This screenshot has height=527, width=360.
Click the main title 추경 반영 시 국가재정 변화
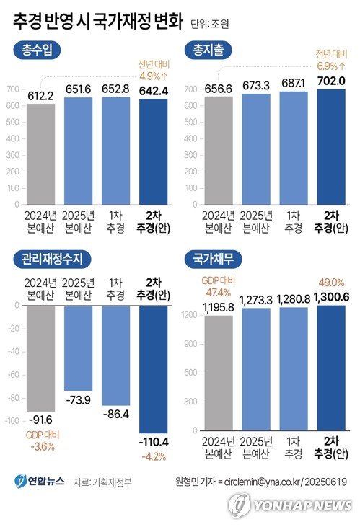(97, 21)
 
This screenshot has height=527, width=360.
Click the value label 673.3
(256, 84)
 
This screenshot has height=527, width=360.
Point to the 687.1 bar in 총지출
(294, 148)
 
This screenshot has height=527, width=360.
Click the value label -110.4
(154, 441)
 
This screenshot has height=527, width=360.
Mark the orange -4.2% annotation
(154, 456)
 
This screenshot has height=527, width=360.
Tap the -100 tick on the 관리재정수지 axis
(14, 420)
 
